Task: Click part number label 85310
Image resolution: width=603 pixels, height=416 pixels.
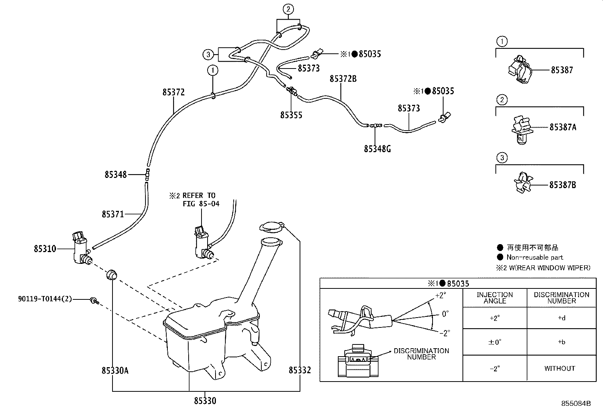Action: [x=45, y=249]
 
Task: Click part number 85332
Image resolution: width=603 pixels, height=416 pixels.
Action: [x=300, y=370]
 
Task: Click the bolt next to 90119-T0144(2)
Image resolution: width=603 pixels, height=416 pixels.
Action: [x=93, y=300]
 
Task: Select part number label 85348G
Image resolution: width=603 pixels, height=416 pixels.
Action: [x=377, y=149]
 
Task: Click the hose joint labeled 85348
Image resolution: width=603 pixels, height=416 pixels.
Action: [x=147, y=175]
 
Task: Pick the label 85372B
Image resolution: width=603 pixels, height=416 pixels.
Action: [x=343, y=79]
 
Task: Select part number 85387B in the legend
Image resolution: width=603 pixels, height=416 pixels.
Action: [x=562, y=185]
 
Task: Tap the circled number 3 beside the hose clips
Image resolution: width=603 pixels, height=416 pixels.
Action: [x=208, y=55]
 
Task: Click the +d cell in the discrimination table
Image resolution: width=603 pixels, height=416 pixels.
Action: [x=561, y=318]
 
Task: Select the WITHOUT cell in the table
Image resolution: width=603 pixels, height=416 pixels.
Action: [x=559, y=368]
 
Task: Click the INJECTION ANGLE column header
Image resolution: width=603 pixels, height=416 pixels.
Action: [x=495, y=298]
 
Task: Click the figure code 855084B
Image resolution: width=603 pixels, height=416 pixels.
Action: [x=576, y=404]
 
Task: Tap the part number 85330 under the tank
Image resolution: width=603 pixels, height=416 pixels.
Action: [x=205, y=400]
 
